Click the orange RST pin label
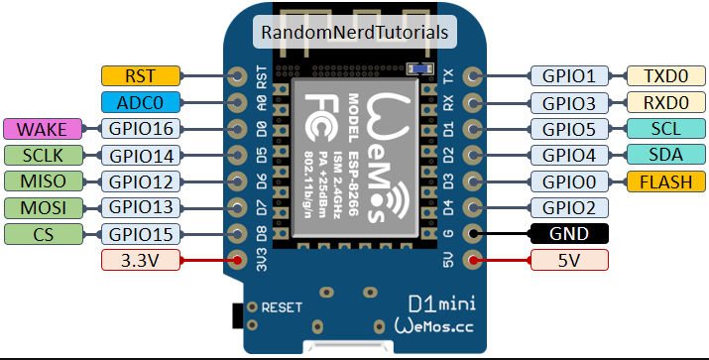click(x=141, y=76)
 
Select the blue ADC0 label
click(x=141, y=103)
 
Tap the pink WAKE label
click(x=43, y=129)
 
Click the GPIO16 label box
click(x=141, y=129)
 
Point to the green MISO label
click(x=44, y=181)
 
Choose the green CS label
click(x=44, y=234)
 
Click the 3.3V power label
click(x=141, y=260)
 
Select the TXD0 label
click(x=666, y=76)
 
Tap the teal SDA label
click(x=666, y=155)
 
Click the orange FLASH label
click(x=666, y=181)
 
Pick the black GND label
click(x=569, y=234)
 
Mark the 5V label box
click(x=569, y=260)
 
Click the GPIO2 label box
click(x=569, y=207)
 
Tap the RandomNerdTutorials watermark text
click(x=355, y=32)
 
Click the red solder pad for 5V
click(x=473, y=260)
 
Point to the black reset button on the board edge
click(x=237, y=315)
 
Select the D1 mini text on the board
click(x=442, y=304)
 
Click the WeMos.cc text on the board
click(x=434, y=325)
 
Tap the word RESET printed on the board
click(x=282, y=307)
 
